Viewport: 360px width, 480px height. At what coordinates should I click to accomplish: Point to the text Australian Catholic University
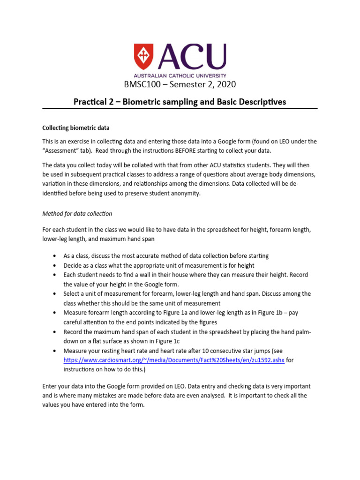(x=180, y=75)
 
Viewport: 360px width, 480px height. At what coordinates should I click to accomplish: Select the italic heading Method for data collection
(x=77, y=213)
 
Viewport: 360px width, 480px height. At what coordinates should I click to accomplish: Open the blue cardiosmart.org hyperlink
(x=174, y=360)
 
